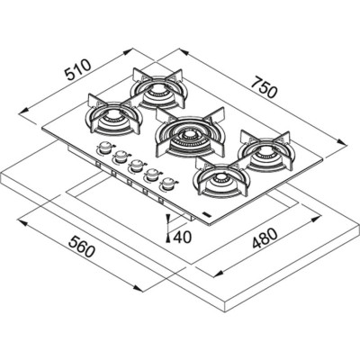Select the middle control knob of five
(136, 166)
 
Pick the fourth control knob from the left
(152, 174)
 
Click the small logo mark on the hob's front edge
(209, 209)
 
